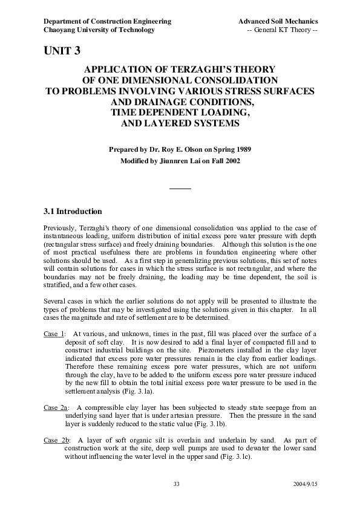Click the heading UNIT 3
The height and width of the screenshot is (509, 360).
62,51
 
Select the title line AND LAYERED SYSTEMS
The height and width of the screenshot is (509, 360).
180,123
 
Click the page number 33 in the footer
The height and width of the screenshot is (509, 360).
177,484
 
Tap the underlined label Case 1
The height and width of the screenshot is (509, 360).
54,333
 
